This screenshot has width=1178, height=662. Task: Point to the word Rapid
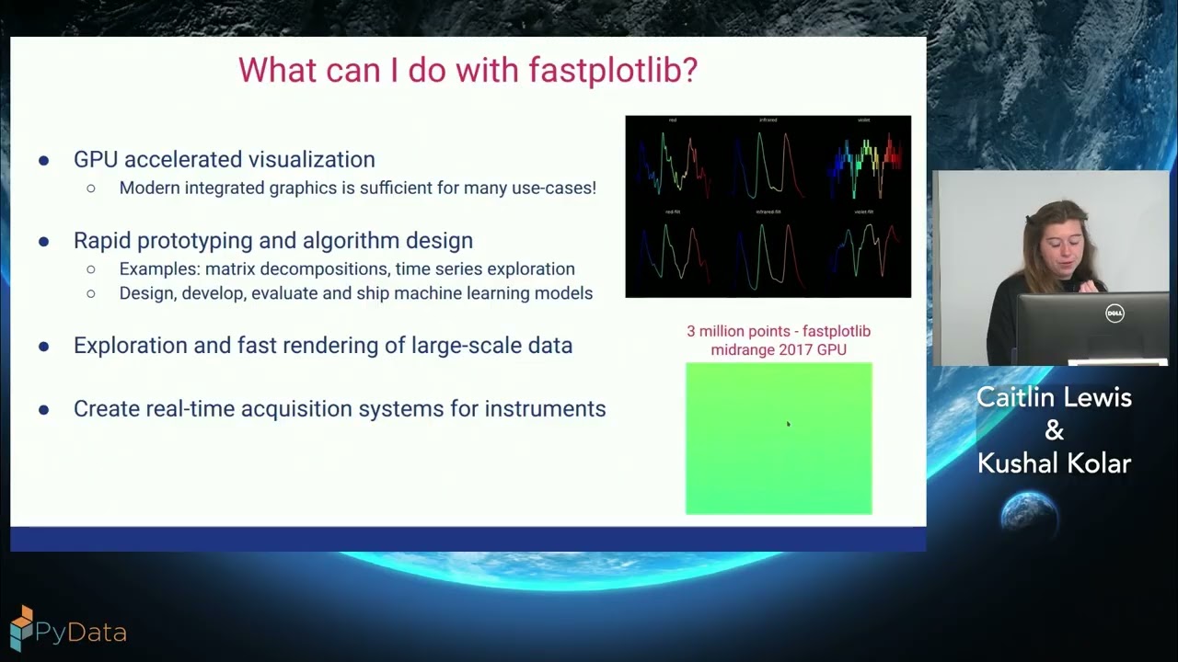click(x=100, y=240)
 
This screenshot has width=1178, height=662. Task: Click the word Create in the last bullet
click(x=105, y=408)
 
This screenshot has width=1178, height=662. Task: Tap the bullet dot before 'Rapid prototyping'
click(x=43, y=241)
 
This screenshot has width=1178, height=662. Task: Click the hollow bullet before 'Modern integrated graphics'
click(x=91, y=188)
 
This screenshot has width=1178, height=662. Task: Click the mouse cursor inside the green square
click(x=788, y=424)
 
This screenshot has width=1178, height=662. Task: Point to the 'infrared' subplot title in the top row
click(x=768, y=120)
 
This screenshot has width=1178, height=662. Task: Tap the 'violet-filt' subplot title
click(x=863, y=212)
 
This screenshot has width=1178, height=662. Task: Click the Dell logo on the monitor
click(x=1114, y=314)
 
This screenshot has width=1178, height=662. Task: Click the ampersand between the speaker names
click(x=1055, y=430)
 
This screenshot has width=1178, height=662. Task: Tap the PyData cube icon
click(x=20, y=628)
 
